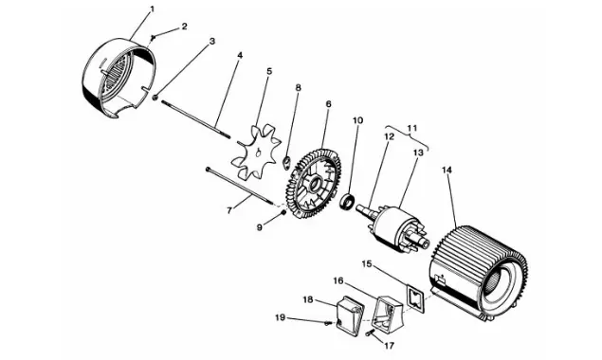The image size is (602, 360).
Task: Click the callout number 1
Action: pos(152,9)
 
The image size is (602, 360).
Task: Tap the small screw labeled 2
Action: pos(154,37)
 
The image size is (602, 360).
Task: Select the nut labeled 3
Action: pos(155,97)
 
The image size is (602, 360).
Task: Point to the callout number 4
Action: pos(240,55)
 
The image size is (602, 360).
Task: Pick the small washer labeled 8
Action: pos(286,162)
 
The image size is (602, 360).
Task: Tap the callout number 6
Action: pos(328,104)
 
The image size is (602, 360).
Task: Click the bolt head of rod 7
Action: pos(208,168)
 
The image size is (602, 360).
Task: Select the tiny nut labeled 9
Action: pos(283,212)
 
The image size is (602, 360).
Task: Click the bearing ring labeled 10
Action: pos(349,203)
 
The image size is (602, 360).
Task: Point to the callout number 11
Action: pos(412,128)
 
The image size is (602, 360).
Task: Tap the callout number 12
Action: pos(390,137)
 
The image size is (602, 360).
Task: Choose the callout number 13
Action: pos(418,153)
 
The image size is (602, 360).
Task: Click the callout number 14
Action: pos(447,170)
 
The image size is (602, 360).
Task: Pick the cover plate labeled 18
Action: pos(350,314)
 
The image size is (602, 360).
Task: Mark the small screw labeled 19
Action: pos(328,323)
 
